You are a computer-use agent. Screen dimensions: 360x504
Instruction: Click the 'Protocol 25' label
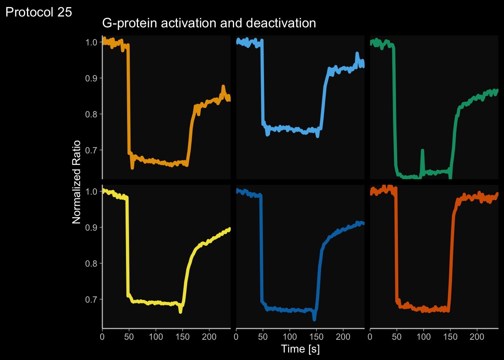pos(39,12)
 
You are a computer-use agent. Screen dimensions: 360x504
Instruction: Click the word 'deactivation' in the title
pos(281,23)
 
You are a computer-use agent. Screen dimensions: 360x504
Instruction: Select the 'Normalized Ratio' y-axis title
pos(76,182)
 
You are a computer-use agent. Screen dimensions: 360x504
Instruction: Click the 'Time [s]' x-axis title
pos(300,349)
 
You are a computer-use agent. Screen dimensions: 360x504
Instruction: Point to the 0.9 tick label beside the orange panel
pos(91,78)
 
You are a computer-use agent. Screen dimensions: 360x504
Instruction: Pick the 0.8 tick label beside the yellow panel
pos(91,263)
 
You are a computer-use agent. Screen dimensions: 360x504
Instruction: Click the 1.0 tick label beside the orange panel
pos(91,42)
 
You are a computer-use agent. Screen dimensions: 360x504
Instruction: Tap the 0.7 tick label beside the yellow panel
pos(91,299)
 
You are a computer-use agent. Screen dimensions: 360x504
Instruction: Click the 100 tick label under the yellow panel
pos(156,337)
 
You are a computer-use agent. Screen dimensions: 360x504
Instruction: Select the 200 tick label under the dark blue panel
pos(343,337)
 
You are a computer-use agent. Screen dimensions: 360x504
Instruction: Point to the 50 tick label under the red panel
pos(397,337)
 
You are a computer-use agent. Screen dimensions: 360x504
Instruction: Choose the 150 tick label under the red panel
pos(450,337)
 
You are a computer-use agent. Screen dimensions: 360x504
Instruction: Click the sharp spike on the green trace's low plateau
pos(423,151)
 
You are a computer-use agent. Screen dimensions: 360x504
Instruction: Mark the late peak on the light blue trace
pos(357,54)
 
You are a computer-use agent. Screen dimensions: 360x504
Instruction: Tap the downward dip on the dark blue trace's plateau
pos(314,319)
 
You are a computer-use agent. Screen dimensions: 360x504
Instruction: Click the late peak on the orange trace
pos(223,87)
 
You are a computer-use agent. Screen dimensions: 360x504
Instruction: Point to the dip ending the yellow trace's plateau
pos(181,311)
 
